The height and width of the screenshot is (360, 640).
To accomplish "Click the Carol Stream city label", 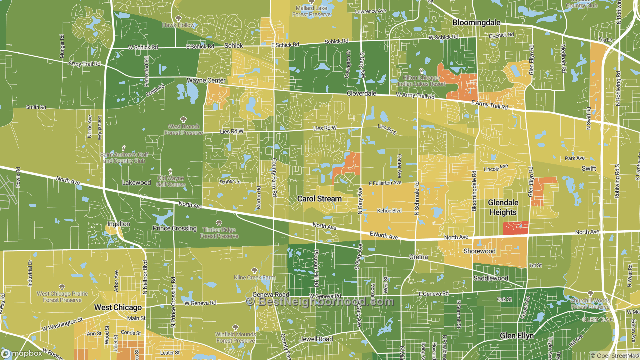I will pyautogui.click(x=319, y=199).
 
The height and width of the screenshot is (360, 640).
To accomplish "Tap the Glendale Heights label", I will pyautogui.click(x=503, y=207).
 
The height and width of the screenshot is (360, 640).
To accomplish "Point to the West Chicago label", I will pyautogui.click(x=118, y=307).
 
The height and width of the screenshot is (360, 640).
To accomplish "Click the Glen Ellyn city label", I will pyautogui.click(x=517, y=336).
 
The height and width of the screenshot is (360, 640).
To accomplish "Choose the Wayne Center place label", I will pyautogui.click(x=206, y=80).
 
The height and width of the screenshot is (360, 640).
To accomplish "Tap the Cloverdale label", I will pyautogui.click(x=361, y=93).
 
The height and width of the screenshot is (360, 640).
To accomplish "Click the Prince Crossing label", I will pyautogui.click(x=174, y=228).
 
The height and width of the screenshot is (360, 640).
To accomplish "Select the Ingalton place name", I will pyautogui.click(x=118, y=224).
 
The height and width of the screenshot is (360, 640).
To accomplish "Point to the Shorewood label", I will pyautogui.click(x=479, y=251).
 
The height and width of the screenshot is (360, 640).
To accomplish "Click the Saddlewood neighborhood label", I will pyautogui.click(x=491, y=278).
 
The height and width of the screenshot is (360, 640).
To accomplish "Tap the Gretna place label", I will pyautogui.click(x=419, y=257).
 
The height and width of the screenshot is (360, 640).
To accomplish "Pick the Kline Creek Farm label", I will pyautogui.click(x=255, y=277).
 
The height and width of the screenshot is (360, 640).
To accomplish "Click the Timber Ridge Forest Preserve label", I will pyautogui.click(x=220, y=233).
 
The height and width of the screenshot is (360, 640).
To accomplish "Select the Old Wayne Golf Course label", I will pyautogui.click(x=171, y=181).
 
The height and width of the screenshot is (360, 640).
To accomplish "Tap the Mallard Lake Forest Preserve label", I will pyautogui.click(x=312, y=11).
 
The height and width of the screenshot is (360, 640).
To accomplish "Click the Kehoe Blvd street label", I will pyautogui.click(x=389, y=211).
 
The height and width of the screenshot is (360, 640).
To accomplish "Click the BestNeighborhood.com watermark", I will pyautogui.click(x=320, y=302).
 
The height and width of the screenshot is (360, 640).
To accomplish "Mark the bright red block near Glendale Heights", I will pyautogui.click(x=516, y=228).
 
